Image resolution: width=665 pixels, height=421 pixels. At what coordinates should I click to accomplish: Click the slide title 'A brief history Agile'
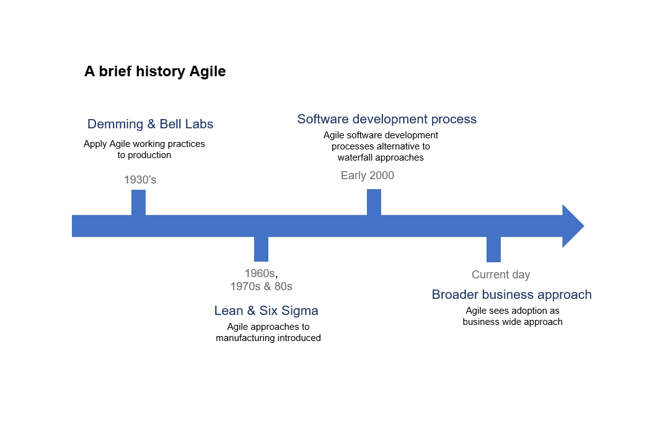pyautogui.click(x=155, y=72)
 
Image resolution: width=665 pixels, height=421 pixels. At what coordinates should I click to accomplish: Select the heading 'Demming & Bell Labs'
pyautogui.click(x=150, y=124)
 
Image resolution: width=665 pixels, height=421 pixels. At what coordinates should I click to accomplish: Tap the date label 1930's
pyautogui.click(x=140, y=180)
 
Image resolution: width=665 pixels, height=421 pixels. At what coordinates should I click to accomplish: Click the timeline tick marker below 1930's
pyautogui.click(x=138, y=202)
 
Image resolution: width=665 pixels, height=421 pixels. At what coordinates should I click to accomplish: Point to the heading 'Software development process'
pyautogui.click(x=387, y=119)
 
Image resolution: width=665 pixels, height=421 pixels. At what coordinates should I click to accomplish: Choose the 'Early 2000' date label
pyautogui.click(x=367, y=175)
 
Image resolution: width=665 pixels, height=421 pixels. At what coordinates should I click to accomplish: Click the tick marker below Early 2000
pyautogui.click(x=374, y=202)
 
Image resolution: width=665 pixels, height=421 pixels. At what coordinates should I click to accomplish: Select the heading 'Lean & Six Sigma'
pyautogui.click(x=266, y=311)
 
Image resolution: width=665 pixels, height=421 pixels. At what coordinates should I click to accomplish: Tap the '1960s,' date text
pyautogui.click(x=261, y=273)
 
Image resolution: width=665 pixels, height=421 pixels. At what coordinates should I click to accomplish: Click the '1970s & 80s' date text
pyautogui.click(x=261, y=286)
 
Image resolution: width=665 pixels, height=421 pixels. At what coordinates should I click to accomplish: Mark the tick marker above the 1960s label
pyautogui.click(x=261, y=249)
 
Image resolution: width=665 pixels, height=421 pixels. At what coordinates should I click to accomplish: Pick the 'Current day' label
pyautogui.click(x=501, y=275)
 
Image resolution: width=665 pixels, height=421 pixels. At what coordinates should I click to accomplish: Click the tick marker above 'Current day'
pyautogui.click(x=493, y=250)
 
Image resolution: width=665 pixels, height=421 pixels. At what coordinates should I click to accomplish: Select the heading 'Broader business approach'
pyautogui.click(x=511, y=295)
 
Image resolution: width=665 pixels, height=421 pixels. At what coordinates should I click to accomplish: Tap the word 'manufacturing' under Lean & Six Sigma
pyautogui.click(x=244, y=338)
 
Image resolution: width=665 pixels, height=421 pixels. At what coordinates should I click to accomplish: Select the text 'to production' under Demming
pyautogui.click(x=144, y=155)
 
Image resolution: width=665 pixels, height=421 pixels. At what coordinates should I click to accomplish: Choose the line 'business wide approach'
pyautogui.click(x=513, y=322)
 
